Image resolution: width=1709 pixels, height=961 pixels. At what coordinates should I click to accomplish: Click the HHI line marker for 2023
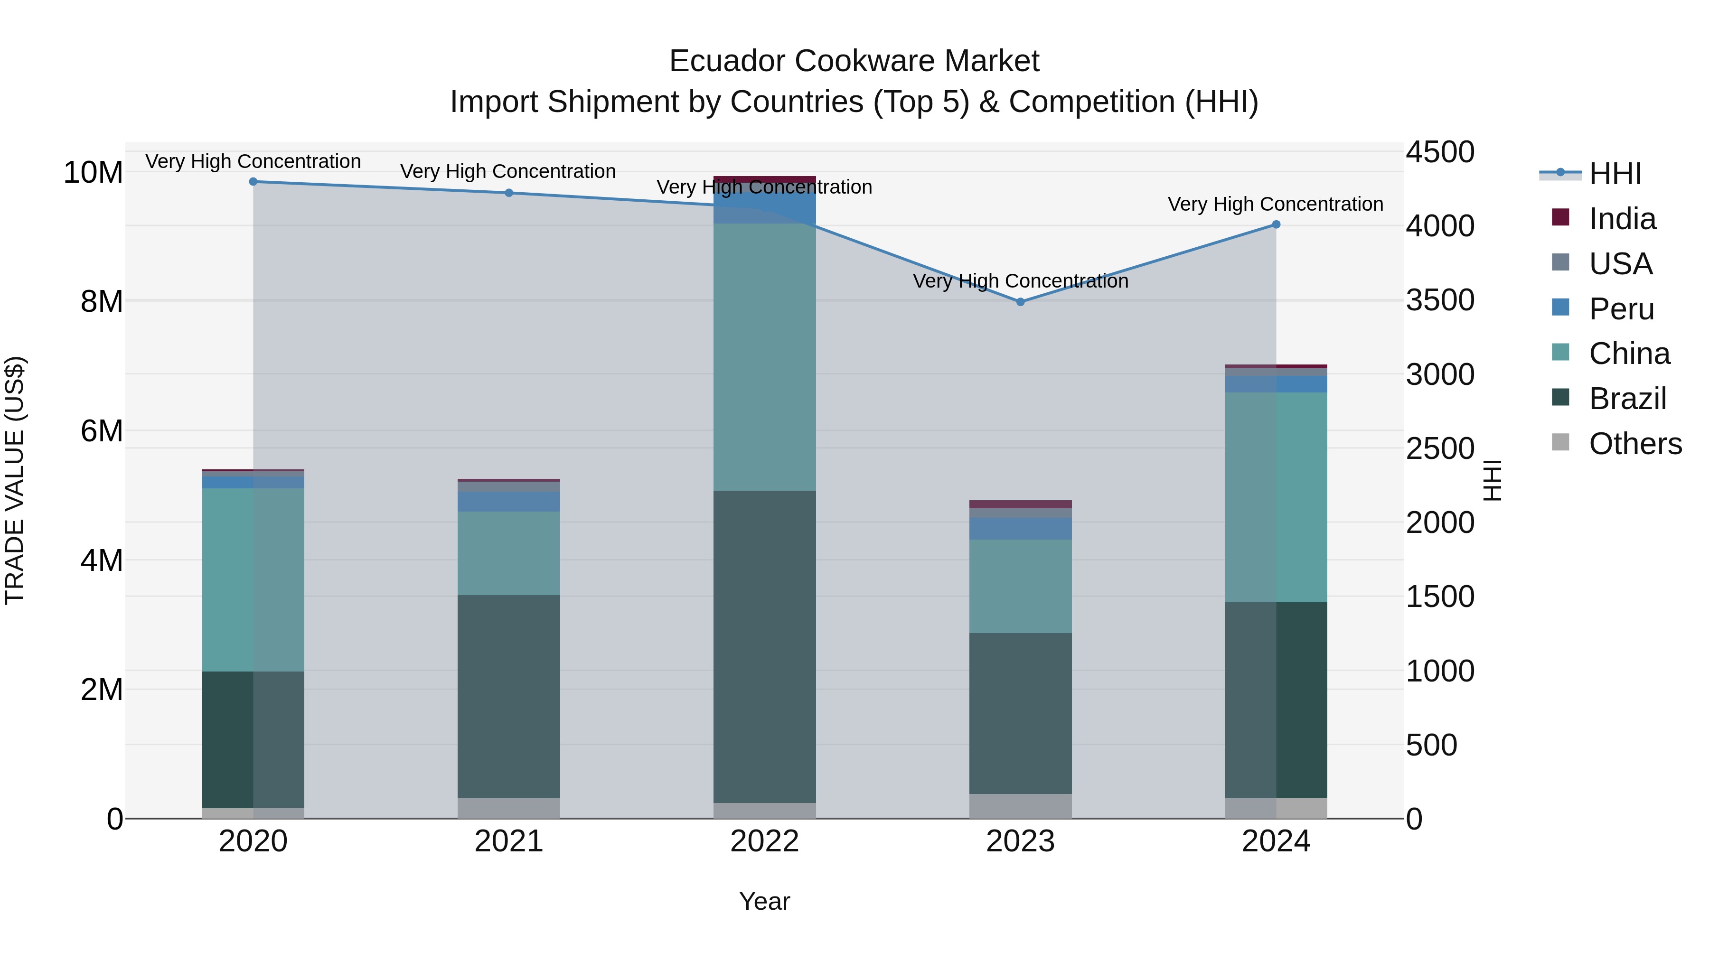1020,302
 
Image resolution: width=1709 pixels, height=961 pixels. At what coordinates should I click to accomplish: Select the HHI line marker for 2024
1276,225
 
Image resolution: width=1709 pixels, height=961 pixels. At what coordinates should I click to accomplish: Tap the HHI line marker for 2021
509,193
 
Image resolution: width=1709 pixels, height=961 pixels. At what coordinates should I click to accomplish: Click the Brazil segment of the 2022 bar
764,647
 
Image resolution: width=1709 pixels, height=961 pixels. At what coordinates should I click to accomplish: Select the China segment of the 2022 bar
764,357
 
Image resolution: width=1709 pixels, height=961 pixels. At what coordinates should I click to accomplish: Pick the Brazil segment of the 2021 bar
509,696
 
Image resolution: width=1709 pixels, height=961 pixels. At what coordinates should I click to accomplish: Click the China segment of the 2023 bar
1020,586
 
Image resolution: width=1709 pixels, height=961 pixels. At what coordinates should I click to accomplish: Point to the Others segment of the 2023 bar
1020,806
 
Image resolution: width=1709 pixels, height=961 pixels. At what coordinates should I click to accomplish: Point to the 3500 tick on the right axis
1440,300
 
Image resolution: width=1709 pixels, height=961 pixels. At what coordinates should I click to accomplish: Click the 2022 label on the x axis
764,841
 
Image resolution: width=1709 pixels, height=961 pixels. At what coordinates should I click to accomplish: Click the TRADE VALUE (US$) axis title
15,480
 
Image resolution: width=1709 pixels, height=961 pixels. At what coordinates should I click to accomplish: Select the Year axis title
764,901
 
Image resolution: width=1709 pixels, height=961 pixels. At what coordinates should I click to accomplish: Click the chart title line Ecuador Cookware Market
854,61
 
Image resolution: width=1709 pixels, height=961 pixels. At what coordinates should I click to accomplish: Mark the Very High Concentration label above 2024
1275,204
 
